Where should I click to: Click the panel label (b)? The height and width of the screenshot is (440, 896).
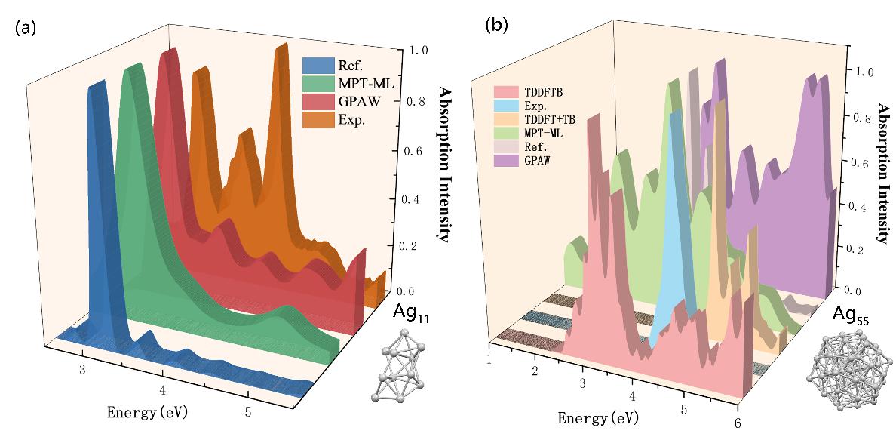[496, 25]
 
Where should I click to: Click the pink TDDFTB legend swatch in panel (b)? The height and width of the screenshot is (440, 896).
[506, 93]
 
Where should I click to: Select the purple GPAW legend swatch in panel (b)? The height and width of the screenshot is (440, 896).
[506, 161]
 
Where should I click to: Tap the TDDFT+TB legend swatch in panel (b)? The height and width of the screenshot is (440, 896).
[506, 120]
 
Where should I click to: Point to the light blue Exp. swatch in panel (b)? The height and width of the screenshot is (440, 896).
[506, 106]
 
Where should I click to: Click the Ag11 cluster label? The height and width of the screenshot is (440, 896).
[410, 312]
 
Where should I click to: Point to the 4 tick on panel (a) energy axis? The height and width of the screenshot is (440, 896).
[163, 390]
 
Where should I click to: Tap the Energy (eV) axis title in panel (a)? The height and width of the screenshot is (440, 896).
[148, 412]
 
